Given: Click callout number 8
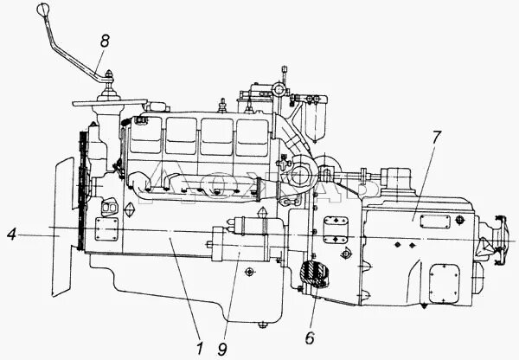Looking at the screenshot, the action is [104, 41].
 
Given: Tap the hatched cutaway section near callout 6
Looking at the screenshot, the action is [314, 276].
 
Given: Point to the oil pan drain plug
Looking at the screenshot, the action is [260, 325].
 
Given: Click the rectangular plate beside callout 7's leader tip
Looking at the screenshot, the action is [431, 222].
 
